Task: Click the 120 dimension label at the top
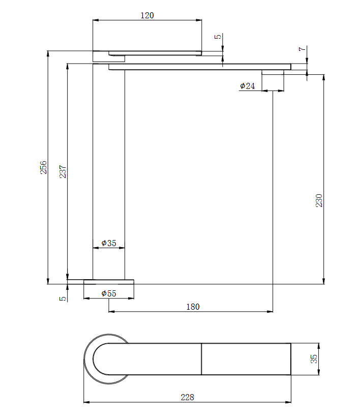tap(147, 15)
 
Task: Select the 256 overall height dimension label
tap(43, 167)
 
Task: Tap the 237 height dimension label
tap(63, 171)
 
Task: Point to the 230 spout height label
tap(319, 200)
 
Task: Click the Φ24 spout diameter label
tap(247, 86)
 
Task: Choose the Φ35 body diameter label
tap(109, 243)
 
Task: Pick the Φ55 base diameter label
tap(109, 293)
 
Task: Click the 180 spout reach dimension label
tap(193, 307)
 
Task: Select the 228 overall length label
tap(187, 397)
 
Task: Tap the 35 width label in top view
tap(314, 359)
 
